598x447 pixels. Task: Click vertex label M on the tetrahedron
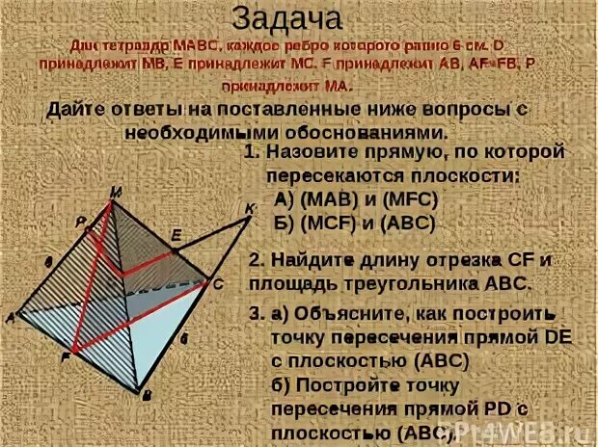pos(116,192)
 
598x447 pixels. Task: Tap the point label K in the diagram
pos(251,209)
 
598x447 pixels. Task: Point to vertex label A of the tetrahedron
pos(9,316)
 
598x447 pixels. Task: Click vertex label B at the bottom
pos(147,396)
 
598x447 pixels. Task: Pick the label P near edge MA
pos(82,222)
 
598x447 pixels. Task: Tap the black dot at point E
pos(175,252)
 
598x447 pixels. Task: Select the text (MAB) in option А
pos(326,199)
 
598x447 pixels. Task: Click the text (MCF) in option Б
pos(327,222)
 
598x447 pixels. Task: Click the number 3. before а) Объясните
pos(255,314)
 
